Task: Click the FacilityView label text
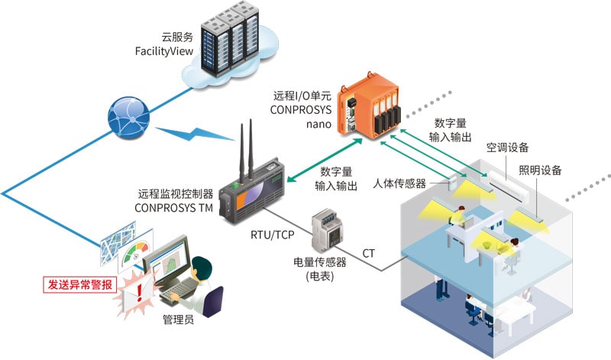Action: pos(164,51)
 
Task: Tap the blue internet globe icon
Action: pos(128,118)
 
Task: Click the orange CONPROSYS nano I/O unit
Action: pos(369,106)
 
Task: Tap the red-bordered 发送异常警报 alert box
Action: pos(80,284)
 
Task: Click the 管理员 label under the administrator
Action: pos(178,319)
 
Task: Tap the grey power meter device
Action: pos(327,230)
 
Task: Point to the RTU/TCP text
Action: pos(272,235)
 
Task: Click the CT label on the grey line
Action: pos(368,254)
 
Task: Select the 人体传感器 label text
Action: pos(399,183)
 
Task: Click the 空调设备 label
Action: pos(507,148)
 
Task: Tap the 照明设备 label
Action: pos(540,170)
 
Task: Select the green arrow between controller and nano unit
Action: pos(325,160)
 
